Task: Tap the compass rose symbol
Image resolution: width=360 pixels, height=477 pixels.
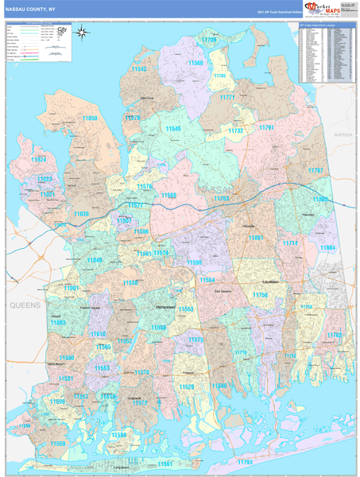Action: click(x=81, y=33)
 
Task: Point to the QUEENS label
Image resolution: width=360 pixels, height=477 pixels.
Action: click(x=25, y=305)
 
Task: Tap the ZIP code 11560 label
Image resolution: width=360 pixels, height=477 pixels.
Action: click(x=195, y=62)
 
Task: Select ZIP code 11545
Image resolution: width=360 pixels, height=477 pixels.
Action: click(x=172, y=129)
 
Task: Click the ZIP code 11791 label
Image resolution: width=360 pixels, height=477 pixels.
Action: click(x=266, y=127)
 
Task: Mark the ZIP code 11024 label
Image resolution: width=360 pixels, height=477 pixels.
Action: click(x=38, y=159)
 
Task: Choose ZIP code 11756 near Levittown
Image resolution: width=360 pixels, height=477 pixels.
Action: click(x=261, y=295)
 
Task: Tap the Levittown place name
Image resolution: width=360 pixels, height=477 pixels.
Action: click(x=273, y=281)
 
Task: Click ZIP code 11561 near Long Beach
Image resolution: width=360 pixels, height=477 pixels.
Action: click(x=165, y=463)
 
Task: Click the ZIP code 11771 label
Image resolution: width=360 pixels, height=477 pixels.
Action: click(x=227, y=97)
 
